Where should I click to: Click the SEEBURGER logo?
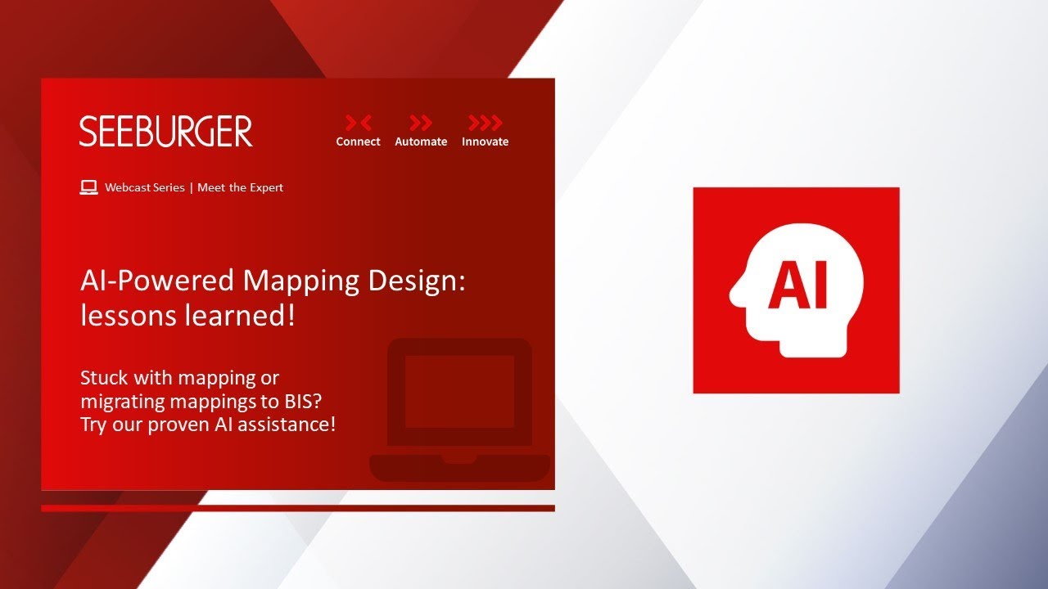tap(165, 132)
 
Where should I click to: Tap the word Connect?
tap(358, 142)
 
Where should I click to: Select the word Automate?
tap(421, 142)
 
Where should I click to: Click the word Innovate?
tap(486, 142)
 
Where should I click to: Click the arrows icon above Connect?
tap(359, 123)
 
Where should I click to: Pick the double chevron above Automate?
tap(421, 123)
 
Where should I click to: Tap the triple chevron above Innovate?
tap(486, 123)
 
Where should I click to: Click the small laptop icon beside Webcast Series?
tap(88, 187)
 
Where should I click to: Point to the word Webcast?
tap(125, 187)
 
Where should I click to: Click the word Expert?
tap(266, 188)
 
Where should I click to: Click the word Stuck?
tap(104, 378)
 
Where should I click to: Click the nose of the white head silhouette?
tap(733, 295)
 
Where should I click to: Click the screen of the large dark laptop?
tap(459, 391)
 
